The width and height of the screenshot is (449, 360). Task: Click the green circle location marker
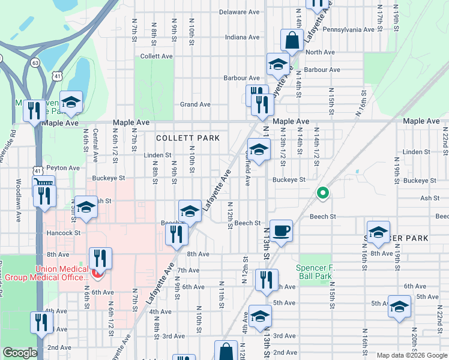coord(322,193)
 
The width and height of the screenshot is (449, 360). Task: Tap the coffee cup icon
coord(281,230)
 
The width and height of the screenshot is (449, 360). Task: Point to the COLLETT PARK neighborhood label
coord(187,138)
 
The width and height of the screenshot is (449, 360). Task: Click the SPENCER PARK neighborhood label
coord(396,238)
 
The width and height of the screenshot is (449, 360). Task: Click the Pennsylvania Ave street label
coord(349,29)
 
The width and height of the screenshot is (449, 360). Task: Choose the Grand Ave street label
coord(196,104)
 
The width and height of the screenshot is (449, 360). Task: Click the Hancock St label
coord(63,232)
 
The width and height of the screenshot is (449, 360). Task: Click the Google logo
coord(20,353)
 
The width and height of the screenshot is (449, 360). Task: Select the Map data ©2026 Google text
coord(412,355)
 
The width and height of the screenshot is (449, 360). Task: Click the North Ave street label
coord(320,52)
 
